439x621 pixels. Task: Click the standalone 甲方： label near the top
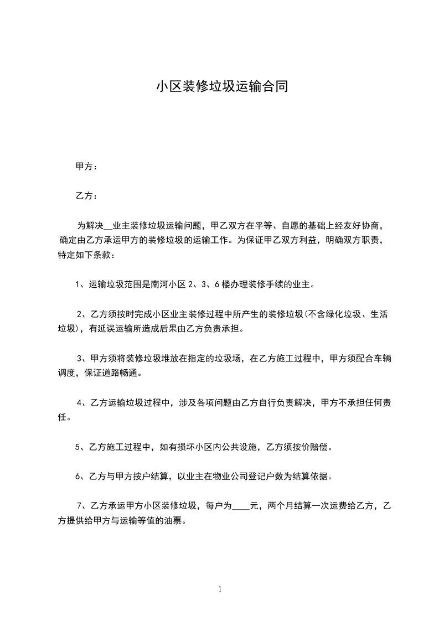86,166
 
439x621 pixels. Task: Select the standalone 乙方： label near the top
86,196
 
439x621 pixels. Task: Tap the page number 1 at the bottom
220,589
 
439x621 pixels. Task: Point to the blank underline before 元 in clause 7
241,505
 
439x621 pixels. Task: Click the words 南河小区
170,286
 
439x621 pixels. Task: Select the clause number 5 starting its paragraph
78,447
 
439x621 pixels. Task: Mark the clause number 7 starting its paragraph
80,505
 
